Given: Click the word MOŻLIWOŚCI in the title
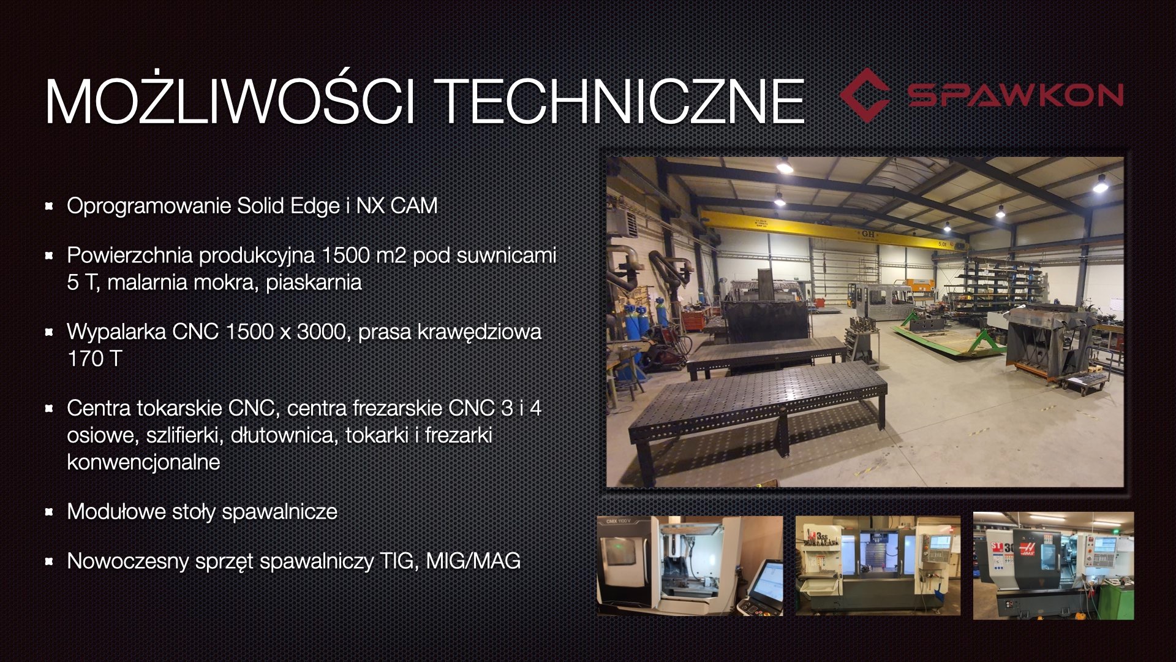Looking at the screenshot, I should pos(230,101).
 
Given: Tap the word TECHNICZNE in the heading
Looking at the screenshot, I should pos(621,101).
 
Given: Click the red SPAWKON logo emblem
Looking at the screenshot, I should pos(864,94).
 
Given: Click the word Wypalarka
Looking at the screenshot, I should pos(116,332).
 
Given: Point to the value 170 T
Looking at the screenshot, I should pos(94,359).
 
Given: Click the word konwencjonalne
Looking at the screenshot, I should pos(143,462).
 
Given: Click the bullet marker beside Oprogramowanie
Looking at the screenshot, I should pos(49,206).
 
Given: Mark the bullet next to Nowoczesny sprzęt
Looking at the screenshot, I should pos(49,561).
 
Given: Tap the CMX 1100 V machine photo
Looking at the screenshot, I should pos(690,565).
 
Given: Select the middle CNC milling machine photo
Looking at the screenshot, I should pos(878,565).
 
